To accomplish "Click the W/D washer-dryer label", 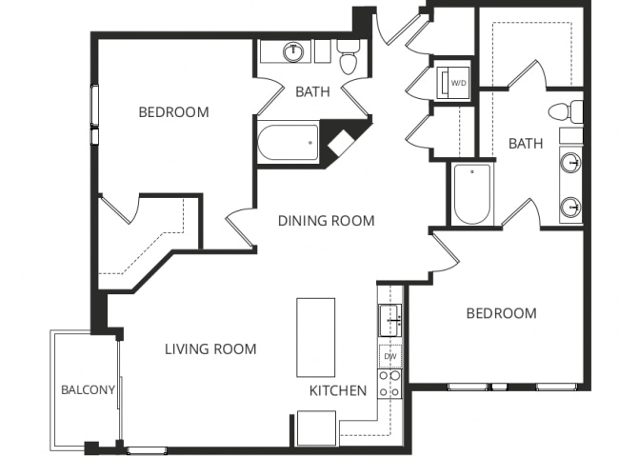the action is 458,83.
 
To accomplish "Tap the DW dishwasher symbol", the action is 390,356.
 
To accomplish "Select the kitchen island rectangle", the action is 316,337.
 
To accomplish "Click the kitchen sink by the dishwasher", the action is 390,320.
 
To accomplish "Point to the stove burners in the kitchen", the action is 390,384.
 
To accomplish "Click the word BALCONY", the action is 88,389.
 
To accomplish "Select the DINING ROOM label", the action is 327,221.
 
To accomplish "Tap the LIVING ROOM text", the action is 210,348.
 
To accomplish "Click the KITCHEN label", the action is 338,390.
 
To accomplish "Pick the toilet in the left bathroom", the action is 348,57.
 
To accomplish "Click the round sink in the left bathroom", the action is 293,51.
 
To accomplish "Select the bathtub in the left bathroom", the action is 289,143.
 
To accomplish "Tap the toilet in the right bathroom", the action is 566,111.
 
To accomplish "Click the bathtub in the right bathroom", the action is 472,194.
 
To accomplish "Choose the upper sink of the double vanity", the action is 570,163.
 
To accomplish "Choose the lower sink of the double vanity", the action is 570,208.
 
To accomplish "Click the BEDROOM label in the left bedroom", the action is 173,112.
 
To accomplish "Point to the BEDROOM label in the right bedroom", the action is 501,313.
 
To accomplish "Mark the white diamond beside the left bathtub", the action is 341,143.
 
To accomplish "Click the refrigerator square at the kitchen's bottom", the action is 316,428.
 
